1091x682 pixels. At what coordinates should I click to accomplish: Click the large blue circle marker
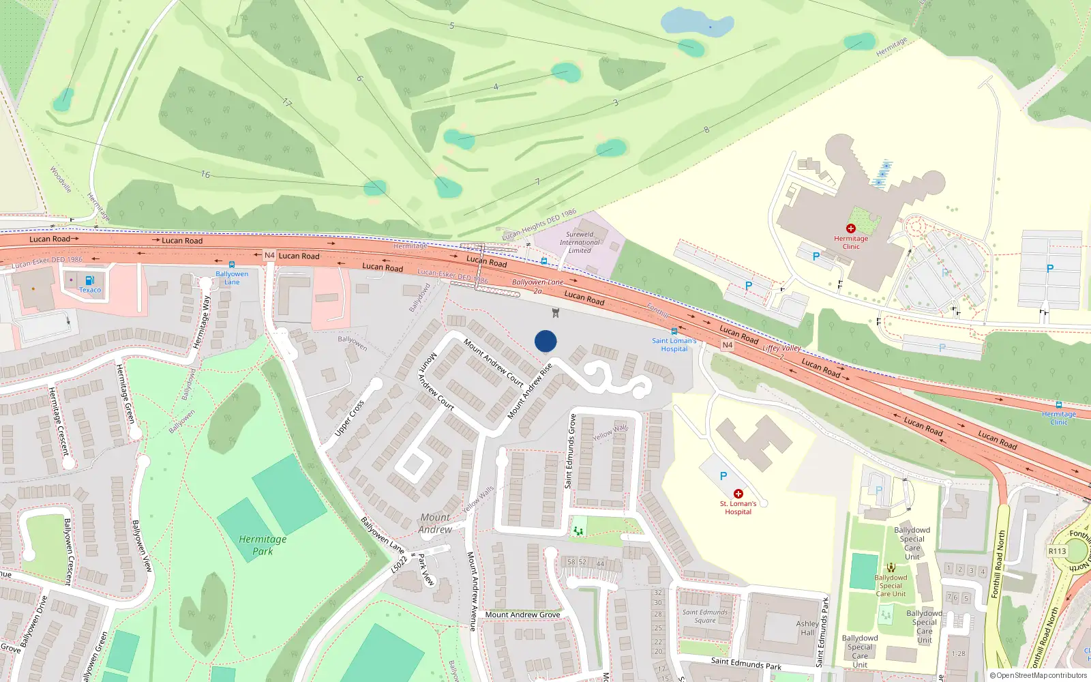pyautogui.click(x=545, y=341)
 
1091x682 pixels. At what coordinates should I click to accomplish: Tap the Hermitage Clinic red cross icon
pyautogui.click(x=850, y=228)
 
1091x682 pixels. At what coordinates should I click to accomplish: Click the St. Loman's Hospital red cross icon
pyautogui.click(x=738, y=494)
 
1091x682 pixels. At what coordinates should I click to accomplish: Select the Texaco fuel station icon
pyautogui.click(x=89, y=280)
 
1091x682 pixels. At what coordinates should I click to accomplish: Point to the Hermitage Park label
pyautogui.click(x=263, y=545)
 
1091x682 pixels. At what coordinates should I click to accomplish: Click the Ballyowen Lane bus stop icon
pyautogui.click(x=232, y=265)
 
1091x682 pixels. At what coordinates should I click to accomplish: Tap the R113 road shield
pyautogui.click(x=1057, y=551)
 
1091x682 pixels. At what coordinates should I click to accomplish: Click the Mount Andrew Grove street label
pyautogui.click(x=522, y=614)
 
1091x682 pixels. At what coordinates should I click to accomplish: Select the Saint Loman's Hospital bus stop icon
pyautogui.click(x=674, y=331)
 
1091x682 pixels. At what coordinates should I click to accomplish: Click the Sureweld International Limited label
pyautogui.click(x=580, y=242)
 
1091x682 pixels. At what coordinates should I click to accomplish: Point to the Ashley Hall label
pyautogui.click(x=807, y=628)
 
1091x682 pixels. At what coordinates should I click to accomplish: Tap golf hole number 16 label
pyautogui.click(x=205, y=175)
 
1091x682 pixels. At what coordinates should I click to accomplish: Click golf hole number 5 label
pyautogui.click(x=451, y=26)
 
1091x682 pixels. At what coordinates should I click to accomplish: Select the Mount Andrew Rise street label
pyautogui.click(x=530, y=391)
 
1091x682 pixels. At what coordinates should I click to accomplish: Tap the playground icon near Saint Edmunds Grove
pyautogui.click(x=578, y=529)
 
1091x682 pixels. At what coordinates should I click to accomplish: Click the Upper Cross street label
pyautogui.click(x=350, y=417)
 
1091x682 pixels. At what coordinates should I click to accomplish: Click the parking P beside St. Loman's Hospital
pyautogui.click(x=723, y=476)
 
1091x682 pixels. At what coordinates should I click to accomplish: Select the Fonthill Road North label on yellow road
pyautogui.click(x=998, y=565)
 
